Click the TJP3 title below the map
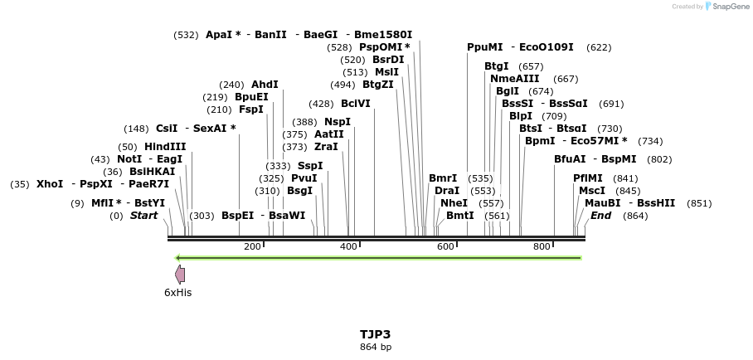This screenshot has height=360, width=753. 375,334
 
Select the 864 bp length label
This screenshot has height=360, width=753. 375,347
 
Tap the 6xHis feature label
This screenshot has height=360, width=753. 177,292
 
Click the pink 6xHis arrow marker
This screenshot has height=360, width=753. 180,274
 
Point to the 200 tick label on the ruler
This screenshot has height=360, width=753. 252,246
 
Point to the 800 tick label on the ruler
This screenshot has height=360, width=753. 542,246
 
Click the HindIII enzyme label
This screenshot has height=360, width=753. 165,146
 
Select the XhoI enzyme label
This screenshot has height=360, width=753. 50,183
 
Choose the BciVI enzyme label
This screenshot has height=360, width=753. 356,104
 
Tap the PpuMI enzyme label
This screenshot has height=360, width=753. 485,47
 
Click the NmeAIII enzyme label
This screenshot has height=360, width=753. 514,79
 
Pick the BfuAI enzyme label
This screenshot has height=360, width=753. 570,158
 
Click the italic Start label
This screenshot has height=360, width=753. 143,216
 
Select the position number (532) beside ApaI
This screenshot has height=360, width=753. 186,35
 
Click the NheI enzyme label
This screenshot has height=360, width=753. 454,202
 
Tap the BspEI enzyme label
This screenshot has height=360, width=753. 237,216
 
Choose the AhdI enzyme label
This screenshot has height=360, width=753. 265,85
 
